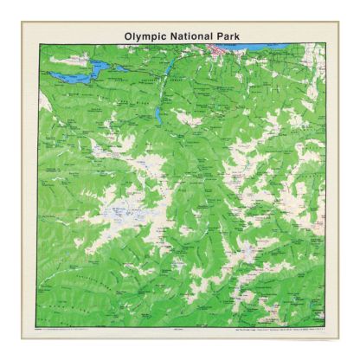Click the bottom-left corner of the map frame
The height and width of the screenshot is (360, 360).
point(36,326)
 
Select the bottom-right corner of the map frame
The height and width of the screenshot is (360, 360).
point(326,326)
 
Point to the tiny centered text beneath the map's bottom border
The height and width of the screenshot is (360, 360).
point(181,330)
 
